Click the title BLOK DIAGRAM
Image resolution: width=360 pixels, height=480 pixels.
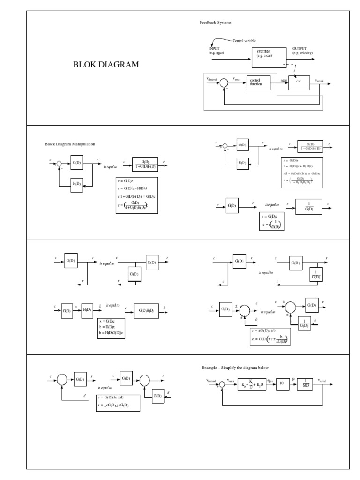tap(106, 65)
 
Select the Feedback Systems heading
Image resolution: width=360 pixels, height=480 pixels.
tap(215, 22)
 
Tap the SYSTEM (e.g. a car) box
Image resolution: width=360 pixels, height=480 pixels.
tap(269, 54)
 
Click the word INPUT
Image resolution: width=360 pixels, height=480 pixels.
tap(214, 48)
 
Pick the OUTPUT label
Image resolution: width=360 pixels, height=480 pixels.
tap(300, 48)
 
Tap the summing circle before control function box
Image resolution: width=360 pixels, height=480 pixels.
tap(224, 82)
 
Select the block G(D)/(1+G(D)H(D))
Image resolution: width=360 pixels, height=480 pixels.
tap(145, 164)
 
